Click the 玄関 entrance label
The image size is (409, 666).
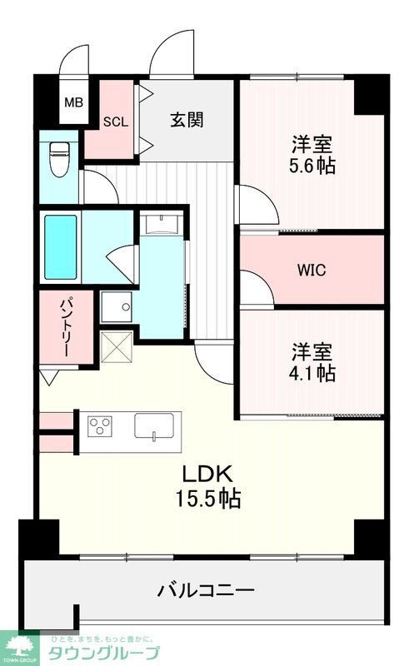(x=187, y=119)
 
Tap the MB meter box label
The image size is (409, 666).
(x=74, y=103)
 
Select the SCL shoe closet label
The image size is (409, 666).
(x=116, y=121)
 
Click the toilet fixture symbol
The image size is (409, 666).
(x=59, y=160)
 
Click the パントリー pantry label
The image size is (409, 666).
(x=62, y=326)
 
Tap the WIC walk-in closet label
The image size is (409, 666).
(x=312, y=271)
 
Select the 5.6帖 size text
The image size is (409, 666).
(x=312, y=166)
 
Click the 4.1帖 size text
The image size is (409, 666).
(x=312, y=373)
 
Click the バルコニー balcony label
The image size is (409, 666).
(x=206, y=592)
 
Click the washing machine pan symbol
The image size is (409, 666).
(x=117, y=307)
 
